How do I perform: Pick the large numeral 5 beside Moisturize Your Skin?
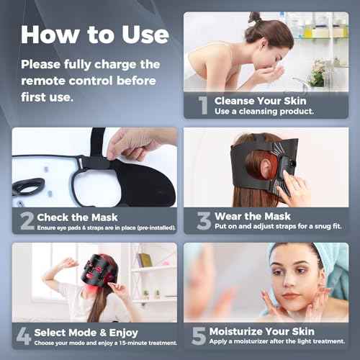[x=197, y=336]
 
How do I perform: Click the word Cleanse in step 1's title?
[x=235, y=100]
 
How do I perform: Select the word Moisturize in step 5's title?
[x=242, y=330]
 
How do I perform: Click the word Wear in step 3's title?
[x=228, y=215]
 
